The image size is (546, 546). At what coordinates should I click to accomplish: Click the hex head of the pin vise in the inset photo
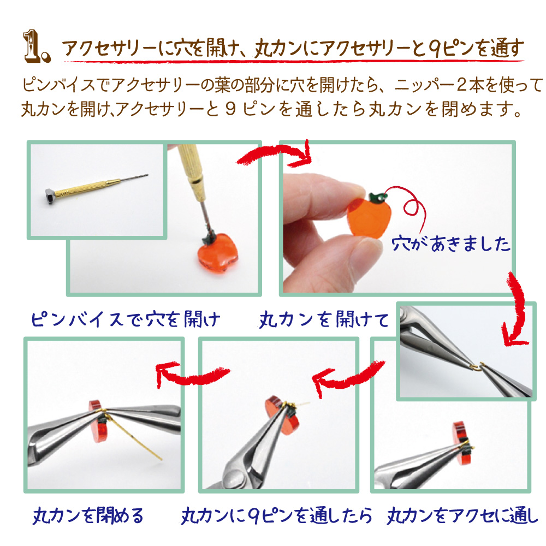pos(51,196)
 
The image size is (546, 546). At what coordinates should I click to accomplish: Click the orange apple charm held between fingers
pos(369,217)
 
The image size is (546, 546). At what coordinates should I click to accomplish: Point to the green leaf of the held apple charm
pos(377,197)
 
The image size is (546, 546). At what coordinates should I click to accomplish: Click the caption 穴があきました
pos(450,244)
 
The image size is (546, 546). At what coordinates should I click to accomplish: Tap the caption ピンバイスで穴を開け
pos(126,319)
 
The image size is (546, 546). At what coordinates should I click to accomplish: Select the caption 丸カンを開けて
pos(324,319)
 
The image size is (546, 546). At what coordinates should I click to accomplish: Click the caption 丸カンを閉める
pos(88,515)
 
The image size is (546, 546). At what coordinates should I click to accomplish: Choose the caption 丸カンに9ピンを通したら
pos(276,515)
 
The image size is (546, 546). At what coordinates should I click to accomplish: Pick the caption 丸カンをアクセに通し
pos(462,515)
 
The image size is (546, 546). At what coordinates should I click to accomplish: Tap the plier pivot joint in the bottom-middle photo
pos(233,480)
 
